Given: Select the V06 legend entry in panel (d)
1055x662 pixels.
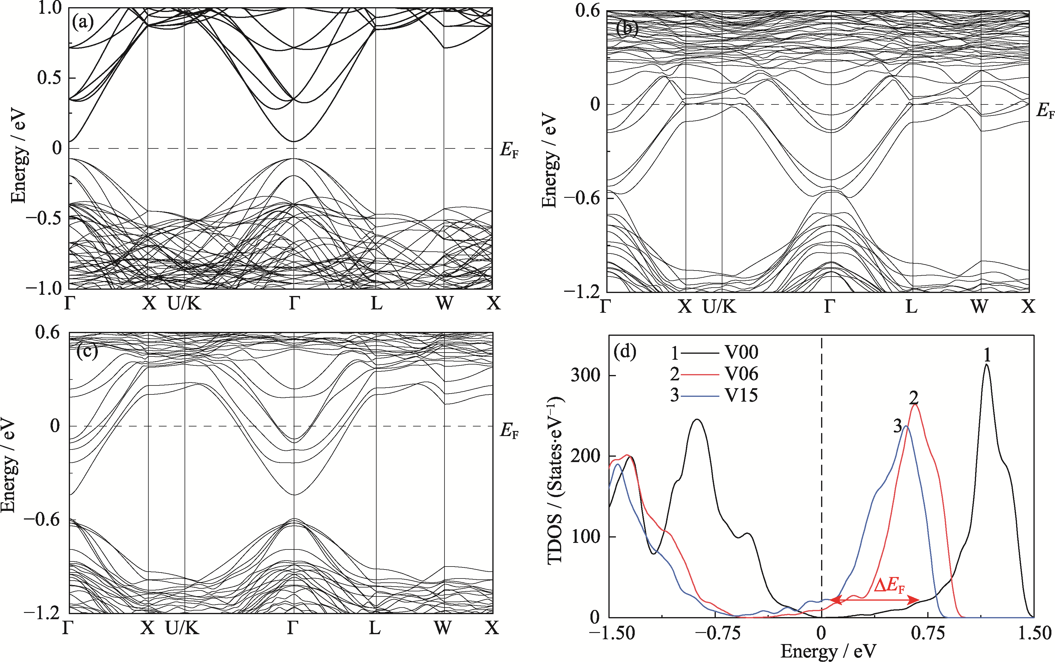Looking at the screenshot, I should coord(741,374).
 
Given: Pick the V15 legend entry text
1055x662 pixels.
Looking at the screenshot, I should coord(741,395).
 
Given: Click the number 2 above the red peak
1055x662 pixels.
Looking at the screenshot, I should coord(914,397).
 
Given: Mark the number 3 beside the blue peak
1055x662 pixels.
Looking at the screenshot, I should coord(897,426).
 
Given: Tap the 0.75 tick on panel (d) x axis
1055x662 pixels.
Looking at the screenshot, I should coord(927,633).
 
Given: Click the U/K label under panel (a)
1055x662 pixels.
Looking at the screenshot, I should coord(184,303).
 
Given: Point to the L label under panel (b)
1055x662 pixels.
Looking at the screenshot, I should coord(911,306).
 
